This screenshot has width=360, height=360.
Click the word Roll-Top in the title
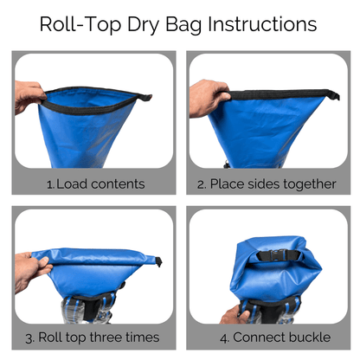pos(80,23)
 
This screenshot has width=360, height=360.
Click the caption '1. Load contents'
pos(95,183)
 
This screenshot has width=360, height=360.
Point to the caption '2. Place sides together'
pos(267,183)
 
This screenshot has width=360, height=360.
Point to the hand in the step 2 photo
pos(207,97)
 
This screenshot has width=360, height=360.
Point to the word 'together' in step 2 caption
pos(309,183)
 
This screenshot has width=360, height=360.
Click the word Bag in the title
pos(186,23)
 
